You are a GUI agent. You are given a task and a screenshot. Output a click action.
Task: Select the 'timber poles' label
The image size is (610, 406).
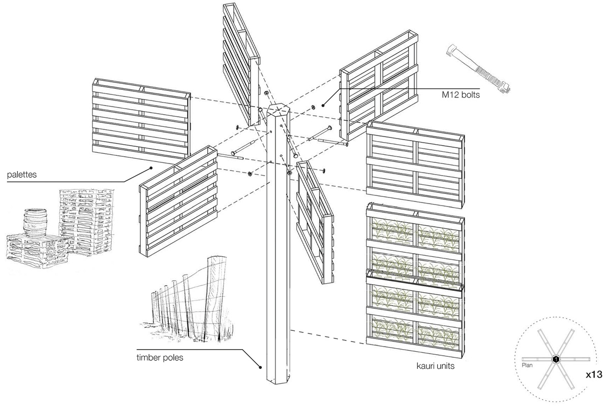click(x=160, y=357)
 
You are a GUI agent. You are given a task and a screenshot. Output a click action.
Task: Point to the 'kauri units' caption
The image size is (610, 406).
click(x=435, y=364)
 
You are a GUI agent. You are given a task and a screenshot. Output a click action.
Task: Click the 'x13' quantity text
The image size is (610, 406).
click(x=593, y=376)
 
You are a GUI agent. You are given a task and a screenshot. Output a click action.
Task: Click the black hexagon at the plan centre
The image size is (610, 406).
click(x=556, y=359)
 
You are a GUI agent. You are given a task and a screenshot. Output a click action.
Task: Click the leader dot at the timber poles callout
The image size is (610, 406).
click(x=260, y=367)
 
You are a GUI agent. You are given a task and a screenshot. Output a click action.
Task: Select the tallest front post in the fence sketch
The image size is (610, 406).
click(x=218, y=297)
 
